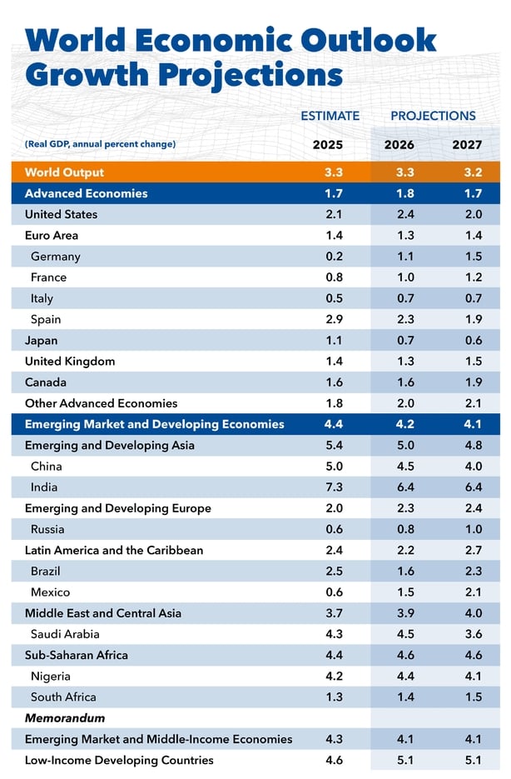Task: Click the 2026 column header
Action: pyautogui.click(x=399, y=145)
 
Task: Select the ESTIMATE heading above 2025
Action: pyautogui.click(x=330, y=116)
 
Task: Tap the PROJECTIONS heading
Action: pyautogui.click(x=433, y=116)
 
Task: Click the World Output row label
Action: pyautogui.click(x=65, y=172)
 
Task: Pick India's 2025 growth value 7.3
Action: pyautogui.click(x=334, y=487)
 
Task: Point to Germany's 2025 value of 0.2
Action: pyautogui.click(x=334, y=257)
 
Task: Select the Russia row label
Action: pyautogui.click(x=47, y=529)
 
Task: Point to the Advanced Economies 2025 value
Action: pyautogui.click(x=334, y=193)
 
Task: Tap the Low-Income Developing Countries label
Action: pyautogui.click(x=119, y=760)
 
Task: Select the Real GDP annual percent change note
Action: pyautogui.click(x=100, y=144)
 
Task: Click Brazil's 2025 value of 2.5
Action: pyautogui.click(x=334, y=571)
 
